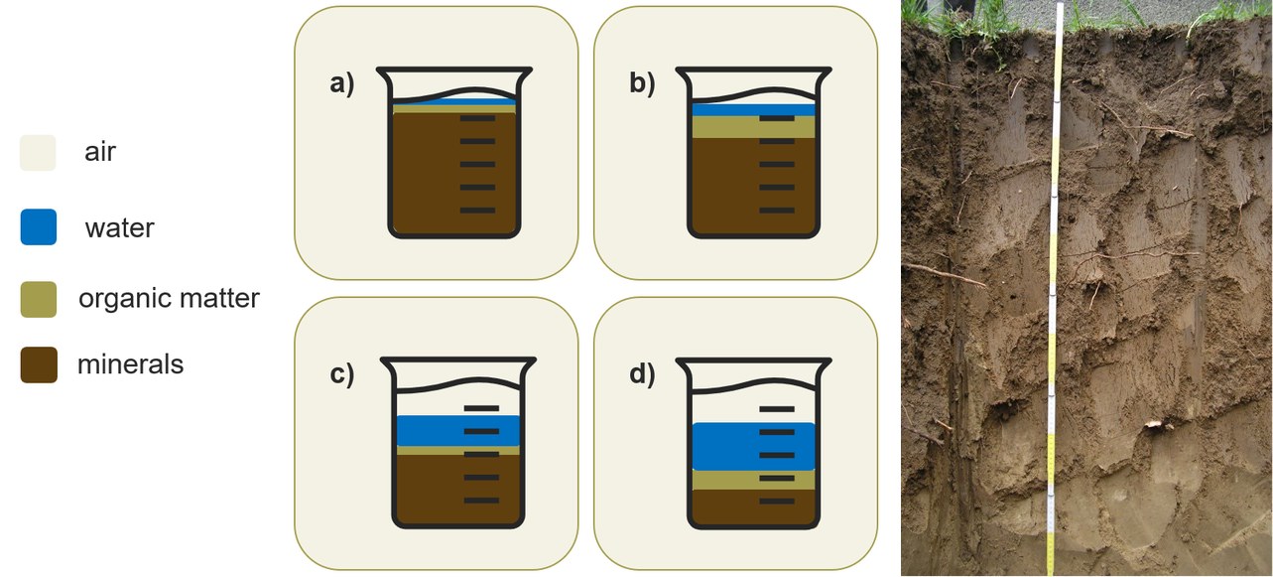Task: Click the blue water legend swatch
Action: point(39,227)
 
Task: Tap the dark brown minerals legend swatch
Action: point(39,364)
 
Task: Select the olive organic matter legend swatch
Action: point(39,299)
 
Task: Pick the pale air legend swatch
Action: point(38,153)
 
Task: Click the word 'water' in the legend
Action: point(119,228)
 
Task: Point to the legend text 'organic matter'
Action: point(169,299)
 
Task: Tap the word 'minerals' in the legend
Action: point(130,364)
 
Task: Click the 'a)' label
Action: point(342,83)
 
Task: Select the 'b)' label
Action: point(642,83)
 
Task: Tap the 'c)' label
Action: point(342,374)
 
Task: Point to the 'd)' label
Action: point(642,374)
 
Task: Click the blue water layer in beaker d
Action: point(753,447)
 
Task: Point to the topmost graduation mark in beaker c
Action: point(481,408)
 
